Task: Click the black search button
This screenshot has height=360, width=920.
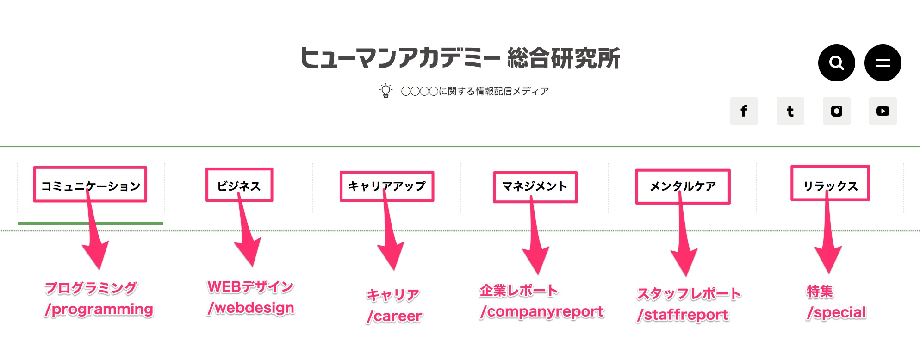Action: pyautogui.click(x=836, y=63)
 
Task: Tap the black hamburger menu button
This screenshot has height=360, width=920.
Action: pyautogui.click(x=883, y=63)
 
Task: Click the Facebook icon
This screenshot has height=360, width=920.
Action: pyautogui.click(x=744, y=111)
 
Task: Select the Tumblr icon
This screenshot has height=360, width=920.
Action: pyautogui.click(x=790, y=111)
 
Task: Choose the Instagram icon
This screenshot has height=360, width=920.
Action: pyautogui.click(x=836, y=111)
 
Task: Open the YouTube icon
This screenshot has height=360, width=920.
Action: pyautogui.click(x=883, y=111)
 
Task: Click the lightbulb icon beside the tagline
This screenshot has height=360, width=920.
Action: pyautogui.click(x=385, y=91)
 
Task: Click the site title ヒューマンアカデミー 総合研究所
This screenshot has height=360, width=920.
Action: pyautogui.click(x=460, y=58)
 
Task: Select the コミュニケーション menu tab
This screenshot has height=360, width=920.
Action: pyautogui.click(x=91, y=186)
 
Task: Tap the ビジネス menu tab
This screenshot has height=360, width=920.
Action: pyautogui.click(x=239, y=186)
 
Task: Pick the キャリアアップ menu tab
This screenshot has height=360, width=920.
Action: pyautogui.click(x=387, y=186)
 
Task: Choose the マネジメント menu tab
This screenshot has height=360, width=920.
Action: pyautogui.click(x=535, y=186)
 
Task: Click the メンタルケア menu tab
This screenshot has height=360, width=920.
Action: pyautogui.click(x=683, y=186)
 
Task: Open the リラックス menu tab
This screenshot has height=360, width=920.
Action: pyautogui.click(x=831, y=186)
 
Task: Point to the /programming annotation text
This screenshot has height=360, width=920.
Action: pyautogui.click(x=99, y=310)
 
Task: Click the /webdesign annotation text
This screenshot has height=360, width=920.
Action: pyautogui.click(x=251, y=308)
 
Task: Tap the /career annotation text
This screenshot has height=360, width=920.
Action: pyautogui.click(x=394, y=316)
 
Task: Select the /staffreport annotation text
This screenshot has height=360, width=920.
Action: pyautogui.click(x=683, y=315)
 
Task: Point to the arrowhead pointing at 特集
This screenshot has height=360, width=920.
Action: pyautogui.click(x=828, y=259)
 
